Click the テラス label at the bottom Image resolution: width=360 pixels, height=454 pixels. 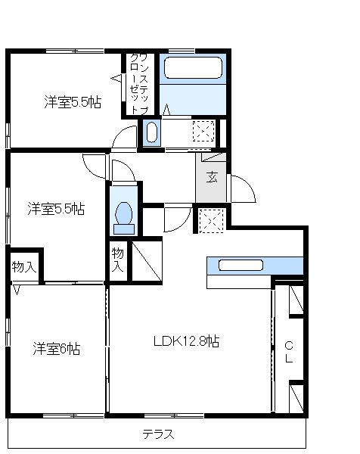click(158, 434)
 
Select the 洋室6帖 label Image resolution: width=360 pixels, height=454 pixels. click(57, 349)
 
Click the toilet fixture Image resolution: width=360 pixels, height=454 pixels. click(122, 216)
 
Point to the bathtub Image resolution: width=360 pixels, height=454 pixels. click(194, 70)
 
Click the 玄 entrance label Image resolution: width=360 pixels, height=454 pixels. click(213, 179)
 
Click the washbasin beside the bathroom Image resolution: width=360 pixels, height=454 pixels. click(151, 133)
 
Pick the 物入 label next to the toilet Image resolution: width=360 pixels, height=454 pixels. click(117, 259)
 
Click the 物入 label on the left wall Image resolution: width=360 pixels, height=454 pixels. click(23, 267)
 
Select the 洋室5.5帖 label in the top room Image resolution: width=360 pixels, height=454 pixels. click(72, 102)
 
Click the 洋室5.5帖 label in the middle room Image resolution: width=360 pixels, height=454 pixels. click(57, 208)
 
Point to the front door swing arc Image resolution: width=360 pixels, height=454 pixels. click(242, 189)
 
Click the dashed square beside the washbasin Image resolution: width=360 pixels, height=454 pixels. click(203, 132)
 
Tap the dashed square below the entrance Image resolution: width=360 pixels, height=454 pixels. click(210, 220)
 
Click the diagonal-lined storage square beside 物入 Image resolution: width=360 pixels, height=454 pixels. click(147, 258)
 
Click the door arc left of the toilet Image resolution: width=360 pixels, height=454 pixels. click(94, 166)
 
